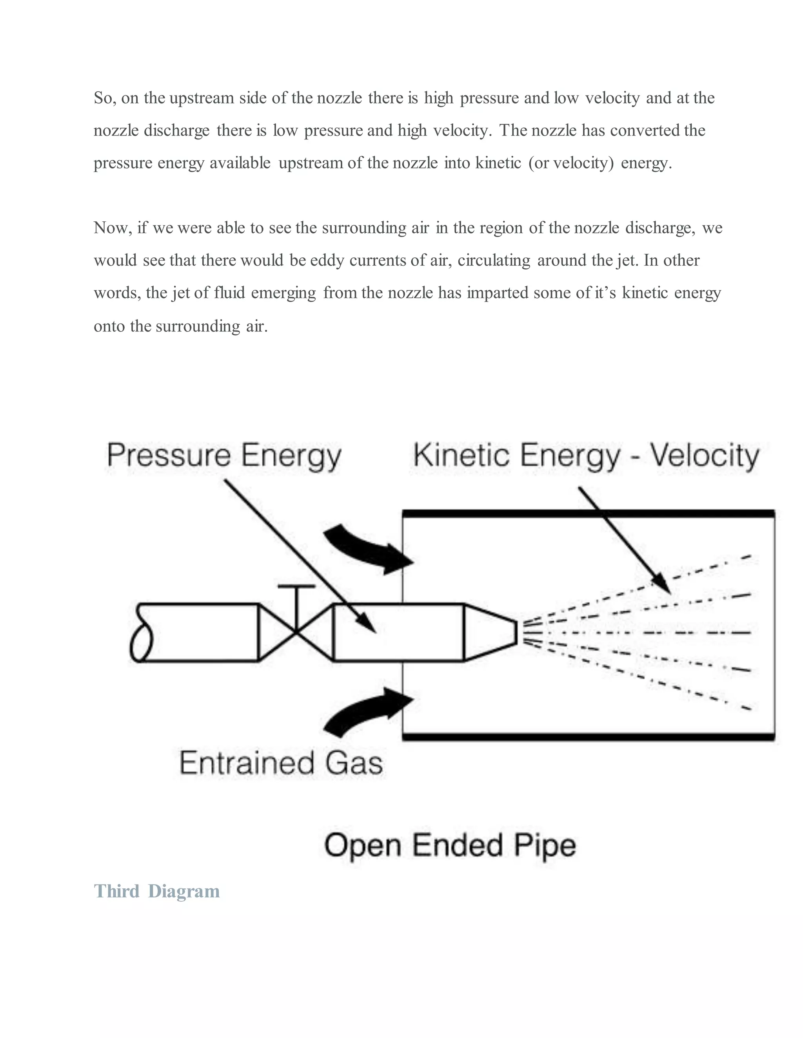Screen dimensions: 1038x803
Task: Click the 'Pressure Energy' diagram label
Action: click(224, 455)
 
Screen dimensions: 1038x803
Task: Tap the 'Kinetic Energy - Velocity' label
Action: click(586, 455)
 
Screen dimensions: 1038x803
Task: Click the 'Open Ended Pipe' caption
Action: click(450, 846)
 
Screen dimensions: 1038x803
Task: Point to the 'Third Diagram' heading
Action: click(156, 891)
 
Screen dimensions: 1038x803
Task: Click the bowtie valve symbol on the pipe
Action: click(296, 632)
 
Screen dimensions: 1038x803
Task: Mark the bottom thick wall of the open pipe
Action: click(589, 737)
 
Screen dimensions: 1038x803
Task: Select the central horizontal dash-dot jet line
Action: click(638, 633)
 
